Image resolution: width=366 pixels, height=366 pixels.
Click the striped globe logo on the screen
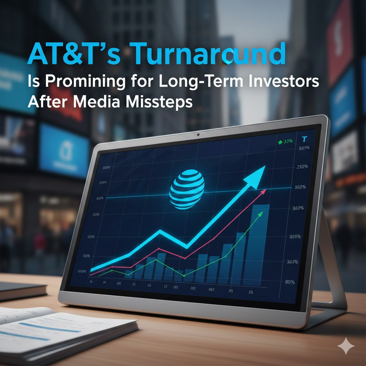click(x=187, y=189)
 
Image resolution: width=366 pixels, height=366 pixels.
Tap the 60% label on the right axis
click(x=288, y=282)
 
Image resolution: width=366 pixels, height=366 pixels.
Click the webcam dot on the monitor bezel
click(x=198, y=135)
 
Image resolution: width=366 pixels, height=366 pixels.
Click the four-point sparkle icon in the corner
click(x=346, y=346)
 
